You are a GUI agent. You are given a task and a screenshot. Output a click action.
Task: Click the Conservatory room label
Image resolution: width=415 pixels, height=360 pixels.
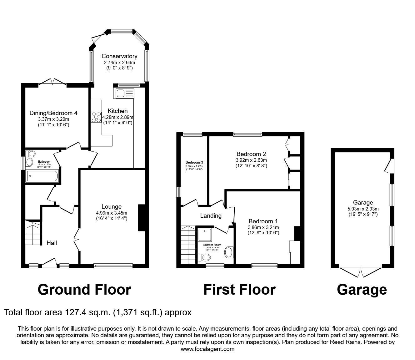119,56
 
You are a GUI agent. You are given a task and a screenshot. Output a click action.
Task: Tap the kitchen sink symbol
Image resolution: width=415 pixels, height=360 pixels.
124,94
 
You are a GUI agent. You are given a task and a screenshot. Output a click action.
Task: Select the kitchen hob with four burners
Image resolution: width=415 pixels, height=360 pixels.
96,117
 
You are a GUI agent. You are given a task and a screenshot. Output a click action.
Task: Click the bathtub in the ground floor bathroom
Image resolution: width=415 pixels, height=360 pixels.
42,176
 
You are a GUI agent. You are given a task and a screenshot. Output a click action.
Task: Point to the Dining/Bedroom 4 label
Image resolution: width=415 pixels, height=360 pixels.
53,113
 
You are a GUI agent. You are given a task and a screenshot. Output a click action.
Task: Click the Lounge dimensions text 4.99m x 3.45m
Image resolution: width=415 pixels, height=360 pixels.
111,213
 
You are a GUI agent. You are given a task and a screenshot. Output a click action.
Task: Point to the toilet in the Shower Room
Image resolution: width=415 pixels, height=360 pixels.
204,257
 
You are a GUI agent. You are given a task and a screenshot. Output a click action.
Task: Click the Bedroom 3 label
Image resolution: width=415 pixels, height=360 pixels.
194,162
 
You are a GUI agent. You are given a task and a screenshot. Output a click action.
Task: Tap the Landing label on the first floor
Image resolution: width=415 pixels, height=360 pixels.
211,215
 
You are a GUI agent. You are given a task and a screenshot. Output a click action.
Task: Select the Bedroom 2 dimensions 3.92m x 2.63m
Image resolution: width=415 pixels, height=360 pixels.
251,160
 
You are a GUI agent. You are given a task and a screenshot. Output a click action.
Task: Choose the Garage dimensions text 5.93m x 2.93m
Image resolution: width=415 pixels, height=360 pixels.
363,209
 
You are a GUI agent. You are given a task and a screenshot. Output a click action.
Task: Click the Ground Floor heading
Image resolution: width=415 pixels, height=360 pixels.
84,290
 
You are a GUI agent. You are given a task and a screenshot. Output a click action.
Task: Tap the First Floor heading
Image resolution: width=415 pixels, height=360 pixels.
239,290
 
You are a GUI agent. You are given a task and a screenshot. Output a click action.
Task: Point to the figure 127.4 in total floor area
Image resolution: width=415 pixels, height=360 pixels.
75,312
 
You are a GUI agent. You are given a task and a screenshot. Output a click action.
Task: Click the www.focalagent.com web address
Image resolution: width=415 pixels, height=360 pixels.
207,349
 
